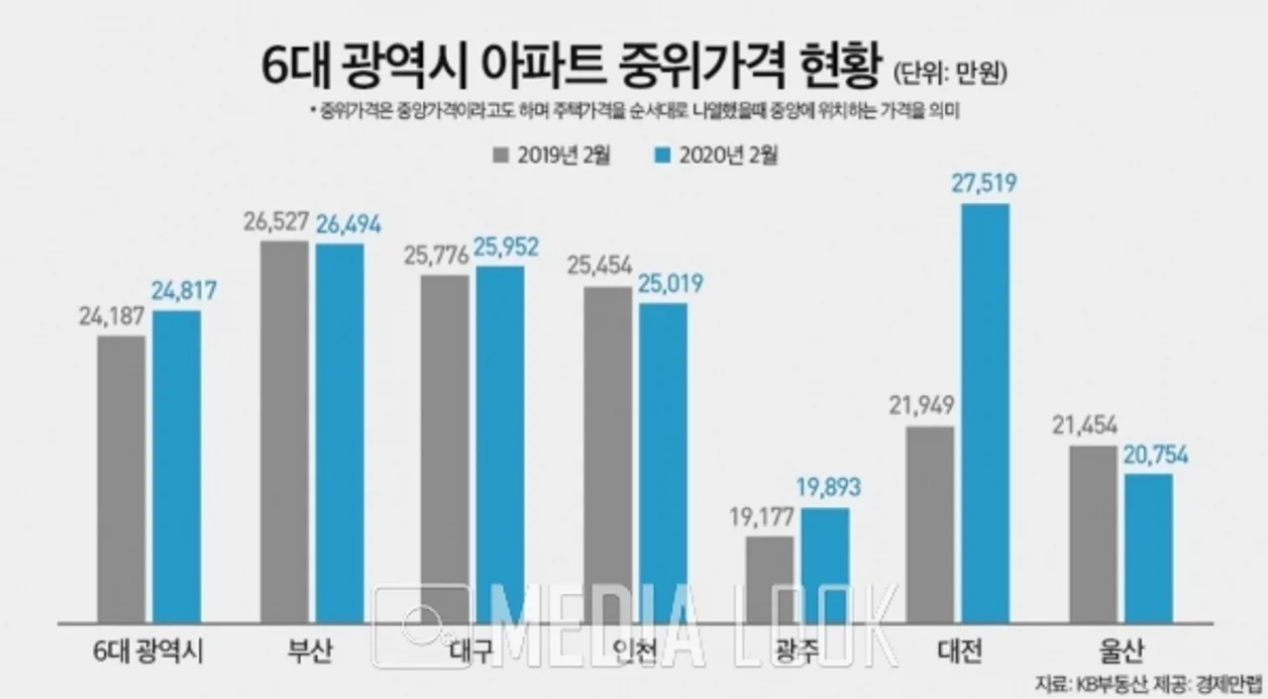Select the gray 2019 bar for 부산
click(284, 432)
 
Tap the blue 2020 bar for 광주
click(825, 565)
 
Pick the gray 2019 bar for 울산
click(1093, 535)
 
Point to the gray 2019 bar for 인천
click(607, 455)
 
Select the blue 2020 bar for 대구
click(500, 445)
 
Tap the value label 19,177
click(770, 518)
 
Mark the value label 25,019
click(665, 285)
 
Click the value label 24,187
click(114, 317)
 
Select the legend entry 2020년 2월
click(716, 155)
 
